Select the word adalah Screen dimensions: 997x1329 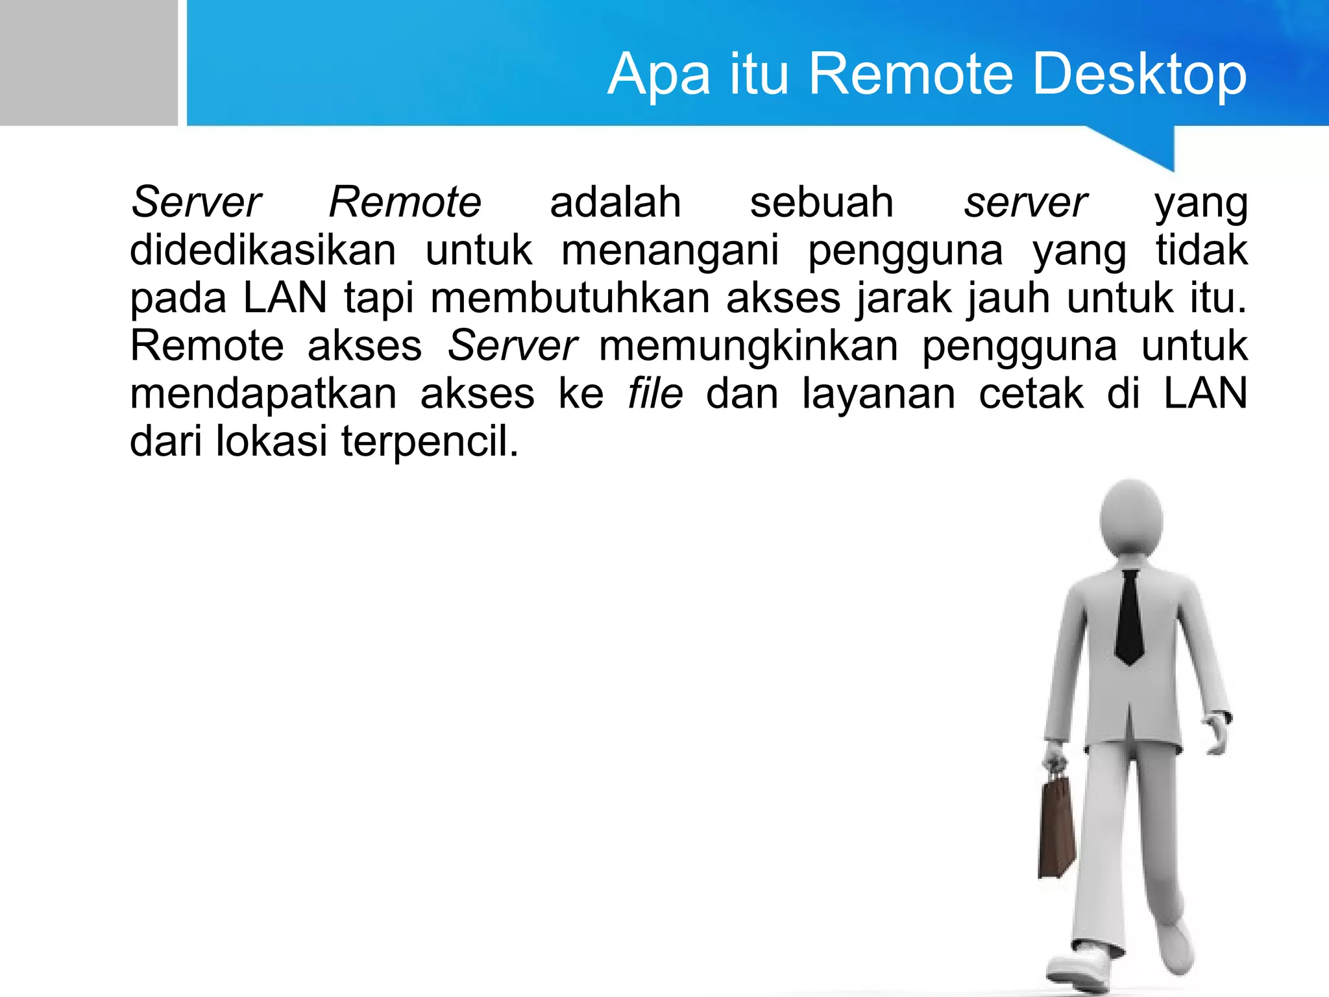point(615,202)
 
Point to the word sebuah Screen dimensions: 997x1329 point(822,202)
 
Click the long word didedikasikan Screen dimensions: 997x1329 point(263,250)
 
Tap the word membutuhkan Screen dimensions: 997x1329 point(570,298)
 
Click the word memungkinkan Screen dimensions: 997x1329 point(748,346)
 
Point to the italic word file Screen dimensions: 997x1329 point(655,393)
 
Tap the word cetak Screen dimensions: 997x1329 point(1030,393)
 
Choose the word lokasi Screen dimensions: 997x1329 point(271,441)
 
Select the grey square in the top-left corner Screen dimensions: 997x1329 point(88,62)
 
